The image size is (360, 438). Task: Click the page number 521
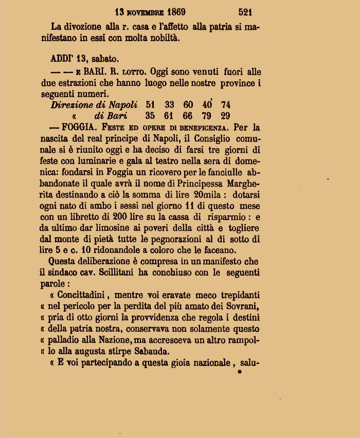coord(245,11)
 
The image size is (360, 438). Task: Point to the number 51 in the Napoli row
coord(150,105)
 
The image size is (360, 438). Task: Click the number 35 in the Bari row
coord(150,116)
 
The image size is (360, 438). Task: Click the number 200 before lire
coord(138,217)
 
